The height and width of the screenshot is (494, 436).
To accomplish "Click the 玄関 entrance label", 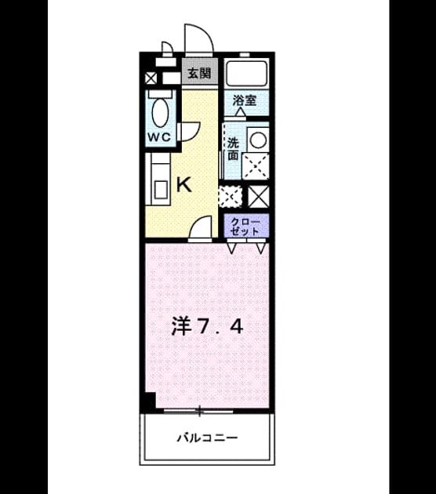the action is pyautogui.click(x=199, y=74).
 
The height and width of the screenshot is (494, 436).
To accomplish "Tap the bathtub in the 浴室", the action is pyautogui.click(x=247, y=74).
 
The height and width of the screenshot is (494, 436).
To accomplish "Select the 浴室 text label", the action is pyautogui.click(x=245, y=100).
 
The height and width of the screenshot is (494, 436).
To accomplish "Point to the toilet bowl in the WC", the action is pyautogui.click(x=160, y=111).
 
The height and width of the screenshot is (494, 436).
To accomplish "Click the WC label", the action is pyautogui.click(x=160, y=137).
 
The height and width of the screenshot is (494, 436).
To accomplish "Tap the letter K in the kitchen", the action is pyautogui.click(x=184, y=184).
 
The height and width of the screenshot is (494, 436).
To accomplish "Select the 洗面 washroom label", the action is pyautogui.click(x=233, y=149).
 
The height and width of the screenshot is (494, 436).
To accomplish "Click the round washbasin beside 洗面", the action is pyautogui.click(x=258, y=140).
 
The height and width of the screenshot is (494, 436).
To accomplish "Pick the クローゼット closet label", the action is pyautogui.click(x=245, y=226).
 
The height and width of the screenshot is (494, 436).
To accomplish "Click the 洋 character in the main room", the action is pyautogui.click(x=182, y=326).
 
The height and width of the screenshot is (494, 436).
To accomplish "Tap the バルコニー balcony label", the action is pyautogui.click(x=207, y=438).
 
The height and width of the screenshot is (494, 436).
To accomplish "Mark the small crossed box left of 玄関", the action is pyautogui.click(x=151, y=78).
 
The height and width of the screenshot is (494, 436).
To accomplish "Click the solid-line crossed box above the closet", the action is pyautogui.click(x=259, y=196).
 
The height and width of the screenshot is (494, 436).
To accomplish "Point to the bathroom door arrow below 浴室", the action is pyautogui.click(x=241, y=112).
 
